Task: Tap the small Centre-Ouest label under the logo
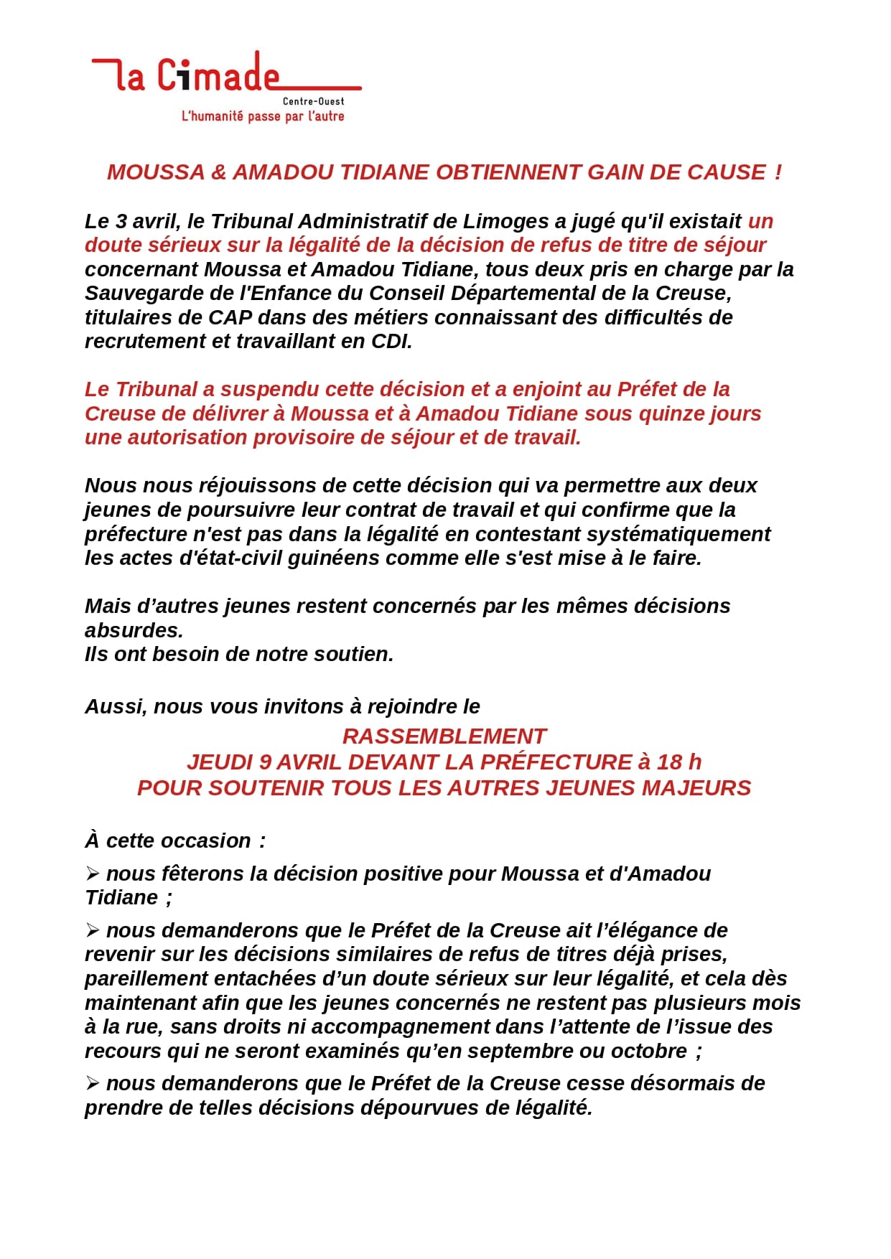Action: click(313, 102)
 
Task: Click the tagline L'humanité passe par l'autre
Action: click(263, 116)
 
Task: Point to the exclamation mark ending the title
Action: click(778, 172)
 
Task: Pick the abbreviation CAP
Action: click(230, 317)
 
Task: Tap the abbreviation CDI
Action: click(391, 342)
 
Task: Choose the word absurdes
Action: click(134, 630)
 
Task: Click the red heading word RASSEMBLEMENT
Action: click(444, 736)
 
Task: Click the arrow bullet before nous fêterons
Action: click(92, 874)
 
